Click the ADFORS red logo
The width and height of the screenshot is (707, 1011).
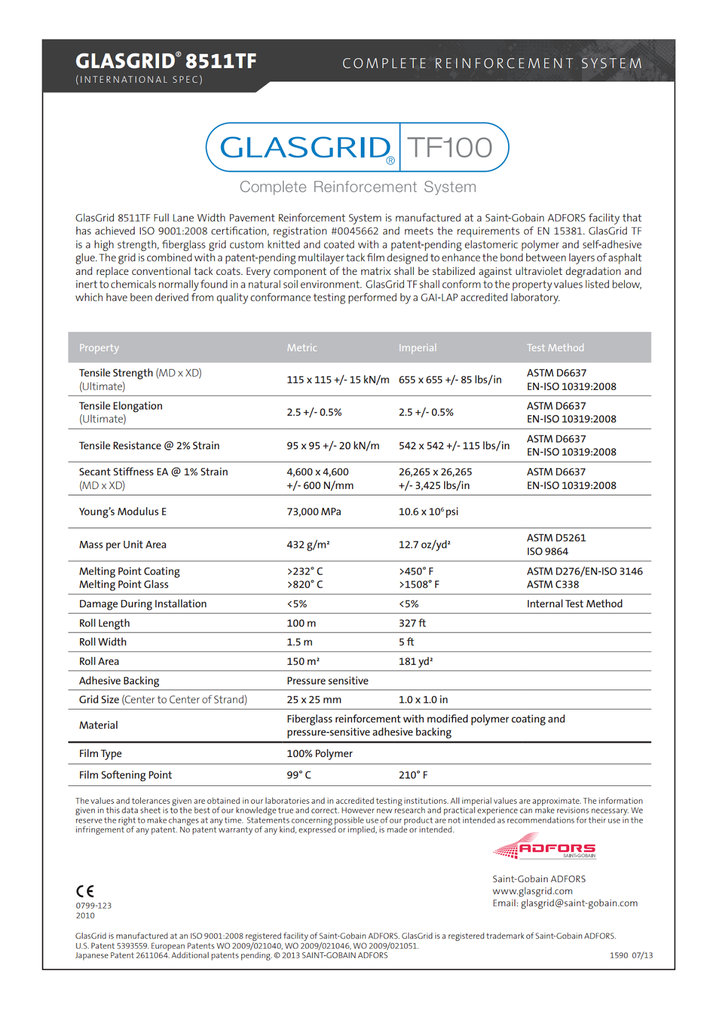(x=545, y=847)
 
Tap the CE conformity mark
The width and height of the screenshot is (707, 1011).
(x=85, y=891)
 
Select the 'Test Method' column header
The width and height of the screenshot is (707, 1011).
(x=555, y=348)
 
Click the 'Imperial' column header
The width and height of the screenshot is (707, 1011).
(x=417, y=348)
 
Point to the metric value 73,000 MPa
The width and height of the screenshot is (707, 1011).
(x=313, y=512)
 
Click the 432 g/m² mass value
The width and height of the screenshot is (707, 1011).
(x=308, y=545)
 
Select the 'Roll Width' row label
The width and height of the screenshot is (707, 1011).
(x=102, y=642)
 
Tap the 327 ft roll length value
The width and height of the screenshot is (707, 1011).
(x=412, y=623)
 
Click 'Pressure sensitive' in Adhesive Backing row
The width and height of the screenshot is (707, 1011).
(x=327, y=681)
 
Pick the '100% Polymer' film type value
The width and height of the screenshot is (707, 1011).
(x=319, y=753)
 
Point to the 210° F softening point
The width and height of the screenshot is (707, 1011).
(x=413, y=775)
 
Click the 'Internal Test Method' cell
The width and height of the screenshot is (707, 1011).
(x=574, y=604)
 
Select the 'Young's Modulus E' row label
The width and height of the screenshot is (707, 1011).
(x=123, y=512)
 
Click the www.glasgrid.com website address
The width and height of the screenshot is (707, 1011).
(x=533, y=891)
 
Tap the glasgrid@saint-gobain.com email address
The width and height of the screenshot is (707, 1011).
(x=579, y=903)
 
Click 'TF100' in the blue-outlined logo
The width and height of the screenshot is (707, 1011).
(x=450, y=148)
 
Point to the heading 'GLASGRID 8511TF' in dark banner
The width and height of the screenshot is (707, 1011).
(x=166, y=61)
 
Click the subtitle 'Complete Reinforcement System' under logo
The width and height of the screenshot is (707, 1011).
(x=358, y=187)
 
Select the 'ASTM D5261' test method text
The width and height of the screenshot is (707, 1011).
(x=556, y=538)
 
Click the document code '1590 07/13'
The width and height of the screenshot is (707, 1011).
(x=631, y=955)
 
